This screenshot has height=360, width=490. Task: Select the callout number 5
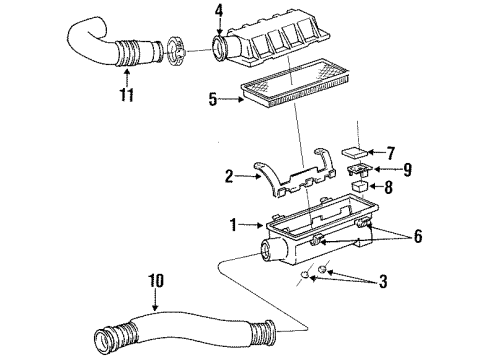[x=213, y=99]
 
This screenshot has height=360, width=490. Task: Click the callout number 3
[x=381, y=282]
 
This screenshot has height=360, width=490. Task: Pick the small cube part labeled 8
[x=357, y=185]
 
